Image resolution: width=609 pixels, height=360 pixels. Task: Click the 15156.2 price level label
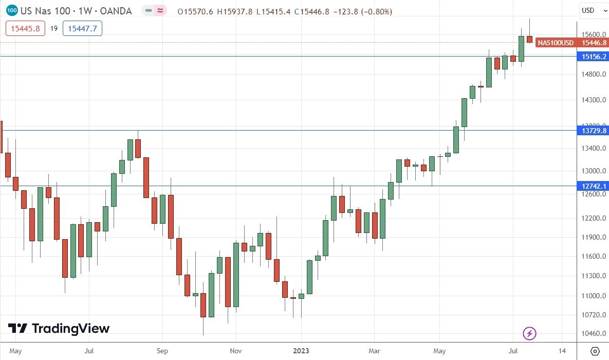point(594,57)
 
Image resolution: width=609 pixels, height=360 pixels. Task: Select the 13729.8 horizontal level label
point(594,131)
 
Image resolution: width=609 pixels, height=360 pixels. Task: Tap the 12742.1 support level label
point(594,186)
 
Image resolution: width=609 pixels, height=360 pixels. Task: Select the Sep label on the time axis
point(162,351)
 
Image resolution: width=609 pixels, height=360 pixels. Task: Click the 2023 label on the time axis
point(301,351)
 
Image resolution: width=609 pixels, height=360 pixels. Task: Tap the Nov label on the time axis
point(235,351)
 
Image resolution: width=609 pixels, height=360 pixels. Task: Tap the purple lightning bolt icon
point(529,334)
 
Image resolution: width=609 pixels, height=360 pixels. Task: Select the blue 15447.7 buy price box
point(82,28)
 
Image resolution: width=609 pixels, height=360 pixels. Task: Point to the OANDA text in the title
point(116,11)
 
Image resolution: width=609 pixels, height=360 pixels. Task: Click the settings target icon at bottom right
point(595,351)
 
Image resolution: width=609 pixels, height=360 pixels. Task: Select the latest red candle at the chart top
point(529,39)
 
